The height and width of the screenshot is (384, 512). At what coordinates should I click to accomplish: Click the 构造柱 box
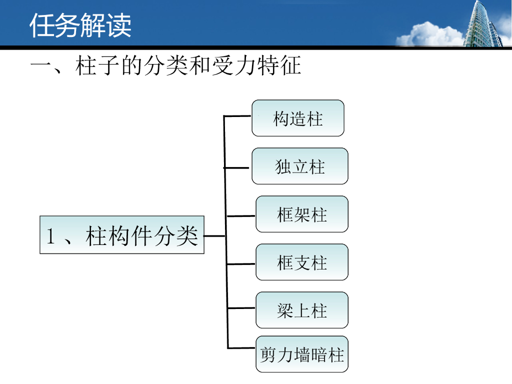[298, 118]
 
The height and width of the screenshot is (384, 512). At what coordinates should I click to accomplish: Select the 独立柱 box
[300, 166]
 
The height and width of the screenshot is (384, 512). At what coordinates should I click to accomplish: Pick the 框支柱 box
[302, 262]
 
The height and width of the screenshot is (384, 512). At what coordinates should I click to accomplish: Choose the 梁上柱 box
[302, 310]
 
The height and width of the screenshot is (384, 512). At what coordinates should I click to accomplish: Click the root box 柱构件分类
[122, 235]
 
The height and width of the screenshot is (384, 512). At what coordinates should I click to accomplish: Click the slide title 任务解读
[80, 25]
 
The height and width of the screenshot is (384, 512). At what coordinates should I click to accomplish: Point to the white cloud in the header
[430, 35]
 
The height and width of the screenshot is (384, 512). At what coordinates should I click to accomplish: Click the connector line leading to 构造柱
[238, 116]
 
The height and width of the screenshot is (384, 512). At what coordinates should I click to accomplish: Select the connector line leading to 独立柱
[238, 167]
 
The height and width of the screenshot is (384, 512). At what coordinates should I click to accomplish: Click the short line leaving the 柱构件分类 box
[215, 235]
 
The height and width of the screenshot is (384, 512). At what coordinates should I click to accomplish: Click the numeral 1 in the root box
[50, 236]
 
